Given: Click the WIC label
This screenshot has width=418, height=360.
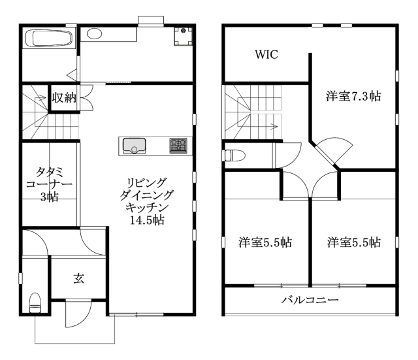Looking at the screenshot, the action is pos(266,54).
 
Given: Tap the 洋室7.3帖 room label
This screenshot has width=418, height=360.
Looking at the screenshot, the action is pos(353,96).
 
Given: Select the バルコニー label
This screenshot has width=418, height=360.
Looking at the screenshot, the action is pos(310,301).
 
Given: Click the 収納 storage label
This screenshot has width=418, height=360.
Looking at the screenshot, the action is pos(64,97).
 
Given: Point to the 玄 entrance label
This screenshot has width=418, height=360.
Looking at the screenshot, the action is pos(79,278).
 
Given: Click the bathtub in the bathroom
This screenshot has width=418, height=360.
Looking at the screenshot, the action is pos(48,39).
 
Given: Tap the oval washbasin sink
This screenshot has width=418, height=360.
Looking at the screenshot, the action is pos(94,34).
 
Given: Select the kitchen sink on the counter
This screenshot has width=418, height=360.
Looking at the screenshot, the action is pos(134,146).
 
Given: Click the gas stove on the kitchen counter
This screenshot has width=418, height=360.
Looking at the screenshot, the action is pos(178,146).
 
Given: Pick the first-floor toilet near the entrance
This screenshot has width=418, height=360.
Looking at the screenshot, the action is pos(35,303).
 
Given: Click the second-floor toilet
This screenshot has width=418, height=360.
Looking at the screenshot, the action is pos(234,155).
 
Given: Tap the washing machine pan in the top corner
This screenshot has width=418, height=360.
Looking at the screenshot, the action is pos(183,36).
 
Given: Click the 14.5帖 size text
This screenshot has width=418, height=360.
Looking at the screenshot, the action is pos(147,220).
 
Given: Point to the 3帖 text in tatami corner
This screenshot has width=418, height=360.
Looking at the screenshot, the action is pos(50,197).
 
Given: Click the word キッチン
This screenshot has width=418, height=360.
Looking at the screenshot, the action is pos(147,208).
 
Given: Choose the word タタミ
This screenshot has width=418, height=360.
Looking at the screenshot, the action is pos(50,172).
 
